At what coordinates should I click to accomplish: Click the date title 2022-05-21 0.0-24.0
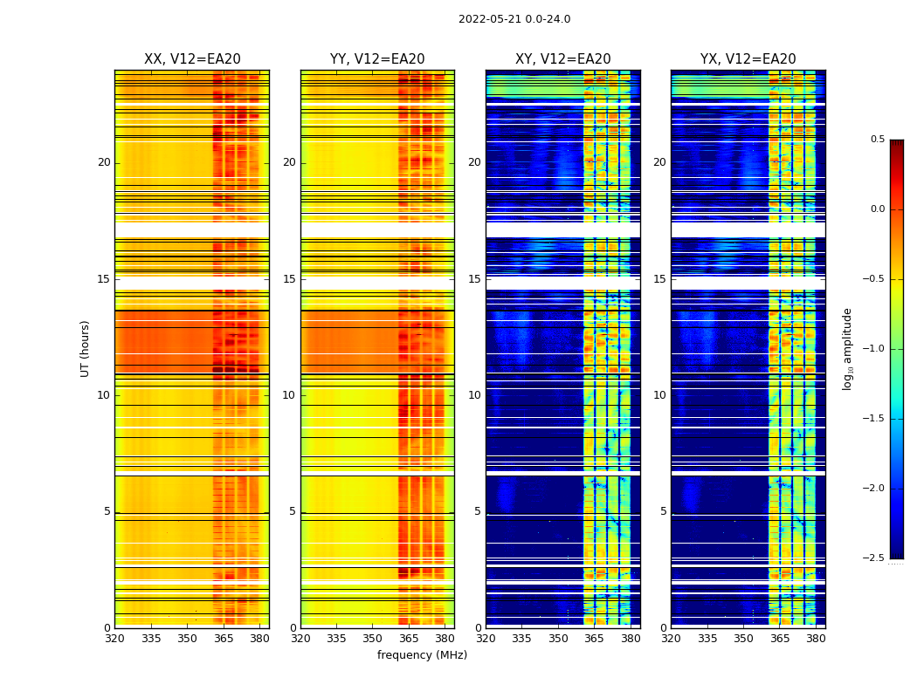click(514, 19)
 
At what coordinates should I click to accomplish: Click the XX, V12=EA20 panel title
click(192, 59)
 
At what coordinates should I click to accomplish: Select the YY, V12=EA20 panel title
click(377, 59)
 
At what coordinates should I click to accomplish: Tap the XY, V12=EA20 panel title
click(562, 59)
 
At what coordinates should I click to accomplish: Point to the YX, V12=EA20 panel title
click(748, 59)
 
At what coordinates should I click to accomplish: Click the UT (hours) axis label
click(86, 348)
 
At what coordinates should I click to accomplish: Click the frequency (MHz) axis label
click(422, 655)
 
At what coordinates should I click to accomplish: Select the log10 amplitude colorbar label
click(847, 348)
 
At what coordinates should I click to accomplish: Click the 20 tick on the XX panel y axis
click(104, 162)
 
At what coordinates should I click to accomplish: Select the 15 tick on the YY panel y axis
click(290, 279)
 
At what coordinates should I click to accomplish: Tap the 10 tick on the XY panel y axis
click(475, 395)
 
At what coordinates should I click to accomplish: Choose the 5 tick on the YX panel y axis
click(664, 511)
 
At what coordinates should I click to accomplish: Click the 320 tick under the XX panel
click(114, 638)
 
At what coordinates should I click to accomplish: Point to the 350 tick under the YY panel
click(373, 638)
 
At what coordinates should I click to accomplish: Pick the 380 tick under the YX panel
click(816, 638)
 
